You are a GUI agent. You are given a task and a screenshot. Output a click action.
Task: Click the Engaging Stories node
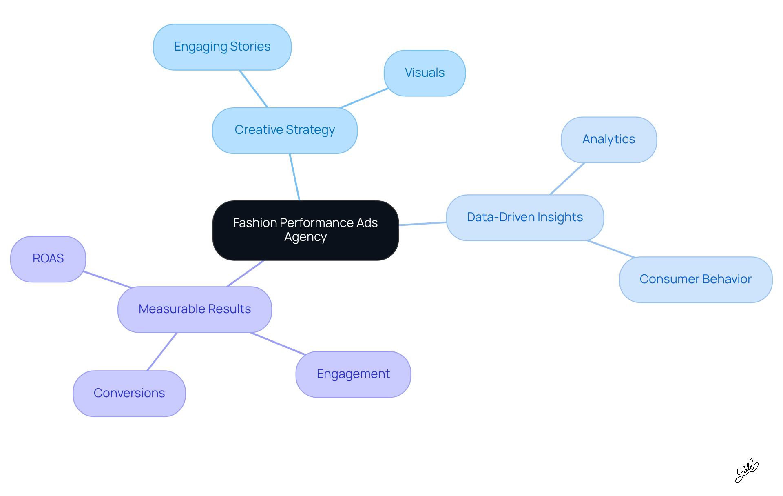point(222,47)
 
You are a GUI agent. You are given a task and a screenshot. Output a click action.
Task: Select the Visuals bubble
point(425,73)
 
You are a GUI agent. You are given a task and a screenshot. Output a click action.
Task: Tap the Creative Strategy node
point(285,130)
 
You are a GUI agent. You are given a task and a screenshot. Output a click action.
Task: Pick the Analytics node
point(608,140)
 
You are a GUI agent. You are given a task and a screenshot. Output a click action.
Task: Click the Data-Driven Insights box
point(525,218)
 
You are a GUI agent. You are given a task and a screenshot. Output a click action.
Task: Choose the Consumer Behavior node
point(695,280)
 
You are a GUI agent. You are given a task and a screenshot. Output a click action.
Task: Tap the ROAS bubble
point(48,259)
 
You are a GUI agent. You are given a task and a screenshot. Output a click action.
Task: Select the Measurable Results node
point(195,309)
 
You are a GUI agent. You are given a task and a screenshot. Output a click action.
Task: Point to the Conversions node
point(129,394)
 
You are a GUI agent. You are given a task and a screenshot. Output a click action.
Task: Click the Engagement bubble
point(353,374)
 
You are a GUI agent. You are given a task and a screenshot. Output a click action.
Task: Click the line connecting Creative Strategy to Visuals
point(364,98)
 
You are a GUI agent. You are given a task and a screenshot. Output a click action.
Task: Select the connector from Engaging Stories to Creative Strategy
point(254,89)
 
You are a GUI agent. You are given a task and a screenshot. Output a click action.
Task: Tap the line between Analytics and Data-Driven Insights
point(567,179)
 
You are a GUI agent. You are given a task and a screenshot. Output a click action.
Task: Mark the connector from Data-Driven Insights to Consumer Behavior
point(611,249)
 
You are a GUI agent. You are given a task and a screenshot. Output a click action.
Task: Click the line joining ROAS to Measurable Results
point(108,280)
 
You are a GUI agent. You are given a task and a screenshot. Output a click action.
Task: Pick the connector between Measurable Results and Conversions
point(162,351)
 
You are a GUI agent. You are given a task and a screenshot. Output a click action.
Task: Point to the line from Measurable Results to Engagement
point(278,344)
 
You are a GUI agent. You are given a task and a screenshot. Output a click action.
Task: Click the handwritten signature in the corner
point(746,471)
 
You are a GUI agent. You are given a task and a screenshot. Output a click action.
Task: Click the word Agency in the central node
point(305,237)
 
